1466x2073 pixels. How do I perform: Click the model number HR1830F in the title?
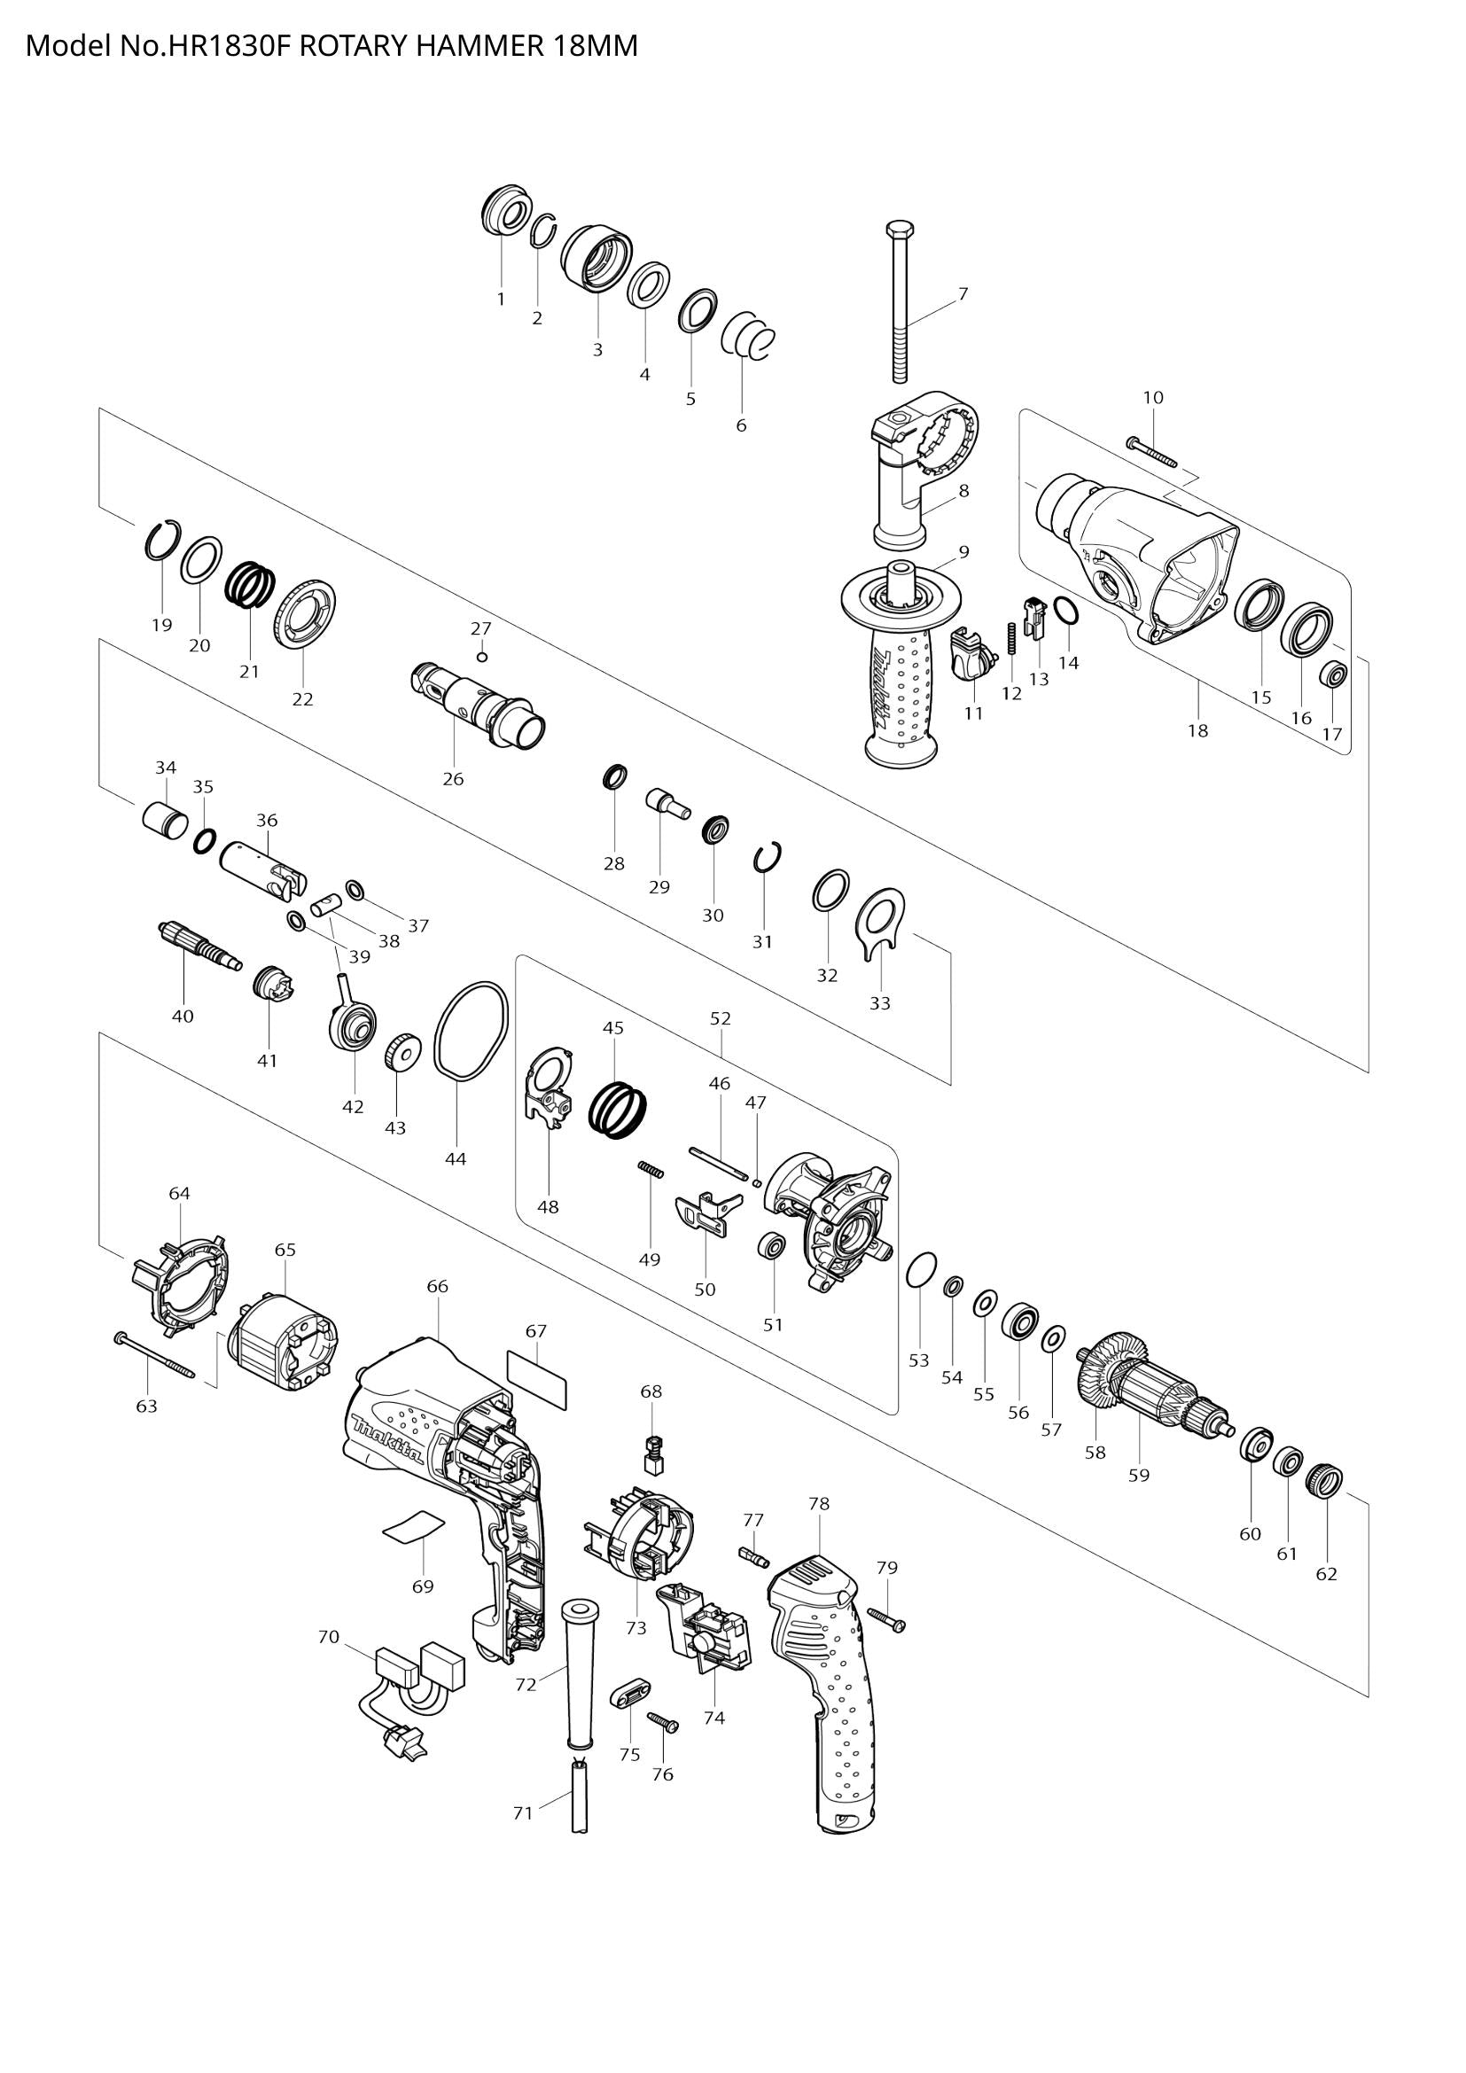[x=216, y=45]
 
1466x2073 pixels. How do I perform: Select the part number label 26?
[x=452, y=779]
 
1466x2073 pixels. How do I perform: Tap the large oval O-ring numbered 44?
[x=471, y=1030]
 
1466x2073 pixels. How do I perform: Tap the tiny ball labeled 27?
[x=482, y=657]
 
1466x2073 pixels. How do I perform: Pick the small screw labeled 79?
[x=885, y=1620]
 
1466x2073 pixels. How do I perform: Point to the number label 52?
[x=721, y=1018]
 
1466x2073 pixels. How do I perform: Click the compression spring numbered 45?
[x=619, y=1110]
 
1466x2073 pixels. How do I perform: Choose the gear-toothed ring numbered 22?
[x=308, y=615]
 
